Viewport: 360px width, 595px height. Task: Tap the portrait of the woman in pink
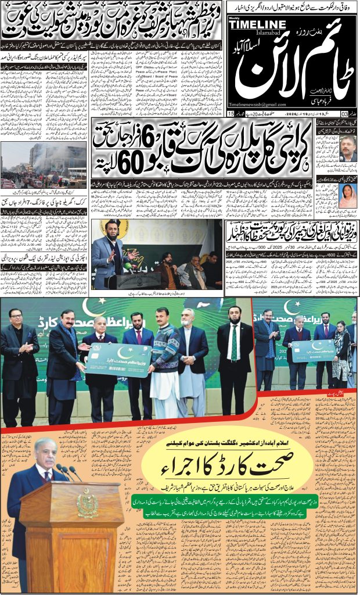[348, 197]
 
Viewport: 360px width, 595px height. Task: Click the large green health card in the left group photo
[120, 359]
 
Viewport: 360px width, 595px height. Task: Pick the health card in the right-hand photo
[313, 350]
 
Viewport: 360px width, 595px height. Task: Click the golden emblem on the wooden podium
[88, 505]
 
